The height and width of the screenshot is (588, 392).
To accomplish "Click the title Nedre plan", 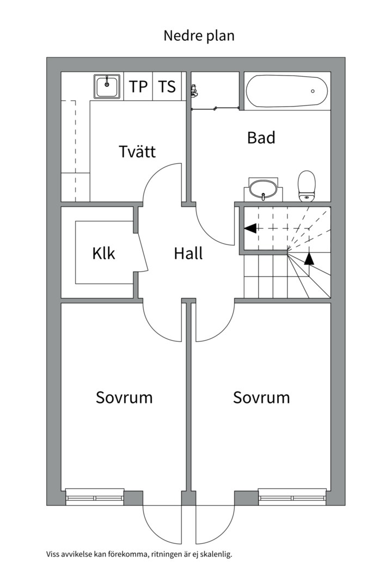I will pos(199,36).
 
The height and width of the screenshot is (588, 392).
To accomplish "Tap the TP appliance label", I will pos(138,86).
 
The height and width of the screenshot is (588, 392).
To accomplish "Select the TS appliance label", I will pos(167,86).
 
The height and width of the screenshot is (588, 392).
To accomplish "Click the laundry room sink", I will pos(107,86).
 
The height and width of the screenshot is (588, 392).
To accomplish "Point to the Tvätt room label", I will pos(137,151).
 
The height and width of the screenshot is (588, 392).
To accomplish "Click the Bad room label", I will pos(261,138).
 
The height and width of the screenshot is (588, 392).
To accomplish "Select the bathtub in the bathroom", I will pos(287,91).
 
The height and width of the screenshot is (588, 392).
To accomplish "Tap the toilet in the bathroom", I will pos(307,186).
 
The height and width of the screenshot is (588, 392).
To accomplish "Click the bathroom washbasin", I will pos(264,189).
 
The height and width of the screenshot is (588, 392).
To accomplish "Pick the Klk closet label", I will pos(103,253).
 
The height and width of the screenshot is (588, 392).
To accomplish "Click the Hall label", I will pos(188,253).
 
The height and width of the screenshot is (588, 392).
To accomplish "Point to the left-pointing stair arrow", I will pos(250,228).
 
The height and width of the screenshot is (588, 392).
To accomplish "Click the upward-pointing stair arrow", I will pos(309,258).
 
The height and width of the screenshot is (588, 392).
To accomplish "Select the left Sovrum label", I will pos(124,397).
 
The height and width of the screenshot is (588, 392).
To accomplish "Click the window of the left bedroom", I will pos(95,498).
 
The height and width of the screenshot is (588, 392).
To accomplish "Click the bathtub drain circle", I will pos(313,91).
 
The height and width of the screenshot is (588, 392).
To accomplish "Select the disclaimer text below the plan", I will pos(139,554).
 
